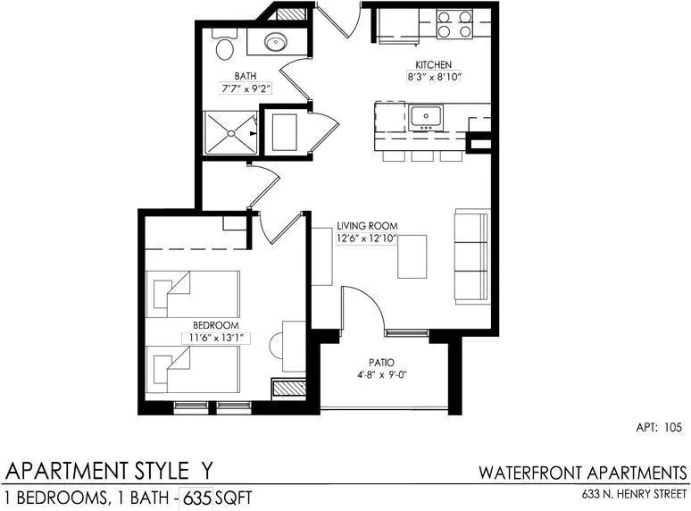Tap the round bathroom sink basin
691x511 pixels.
pos(276,42)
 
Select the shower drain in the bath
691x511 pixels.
pos(230,133)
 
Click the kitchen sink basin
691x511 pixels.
pos(426,117)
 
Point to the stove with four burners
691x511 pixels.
pos(454,24)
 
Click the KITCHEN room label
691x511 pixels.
pos(433,65)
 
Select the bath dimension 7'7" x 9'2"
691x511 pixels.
pos(246,88)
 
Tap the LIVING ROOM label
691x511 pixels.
pos(367,226)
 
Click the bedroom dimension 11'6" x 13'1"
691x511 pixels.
pos(216,339)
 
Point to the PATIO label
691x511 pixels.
pos(381,363)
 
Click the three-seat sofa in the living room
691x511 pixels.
pos(472,256)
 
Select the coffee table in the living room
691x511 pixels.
pos(412,256)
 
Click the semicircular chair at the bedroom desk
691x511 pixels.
pos(276,346)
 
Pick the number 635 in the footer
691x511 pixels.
pos(196,498)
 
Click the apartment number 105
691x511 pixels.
pos(673,427)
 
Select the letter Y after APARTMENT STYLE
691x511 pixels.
pos(205,471)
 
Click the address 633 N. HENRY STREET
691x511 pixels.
pos(634,494)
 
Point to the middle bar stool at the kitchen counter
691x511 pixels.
pos(422,156)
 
